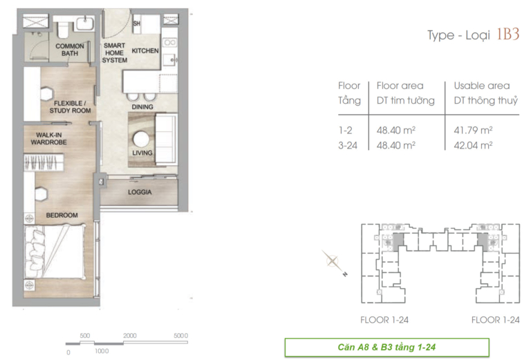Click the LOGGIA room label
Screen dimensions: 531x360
[x=140, y=192]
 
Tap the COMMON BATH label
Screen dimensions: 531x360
[x=70, y=50]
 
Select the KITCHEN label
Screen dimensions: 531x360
[x=145, y=50]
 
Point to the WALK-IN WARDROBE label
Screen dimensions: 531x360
[x=49, y=139]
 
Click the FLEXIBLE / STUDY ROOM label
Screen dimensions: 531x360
[x=70, y=107]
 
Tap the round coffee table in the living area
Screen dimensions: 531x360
[x=141, y=139]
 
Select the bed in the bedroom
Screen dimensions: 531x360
[x=55, y=252]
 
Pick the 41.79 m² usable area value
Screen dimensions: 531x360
[x=473, y=131]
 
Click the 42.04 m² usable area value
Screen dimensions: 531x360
[x=473, y=146]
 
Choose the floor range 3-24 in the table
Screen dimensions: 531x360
[x=348, y=146]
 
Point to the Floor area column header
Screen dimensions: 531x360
[x=400, y=86]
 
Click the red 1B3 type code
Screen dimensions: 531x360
[x=508, y=34]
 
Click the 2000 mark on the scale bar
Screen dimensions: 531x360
[x=130, y=336]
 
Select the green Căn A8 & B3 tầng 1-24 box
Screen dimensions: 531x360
[x=387, y=347]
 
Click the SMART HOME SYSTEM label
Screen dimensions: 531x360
[x=115, y=53]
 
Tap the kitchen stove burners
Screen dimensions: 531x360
[x=169, y=43]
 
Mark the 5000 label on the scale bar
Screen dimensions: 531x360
[x=181, y=336]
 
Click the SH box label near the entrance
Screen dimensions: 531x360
[x=136, y=23]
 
